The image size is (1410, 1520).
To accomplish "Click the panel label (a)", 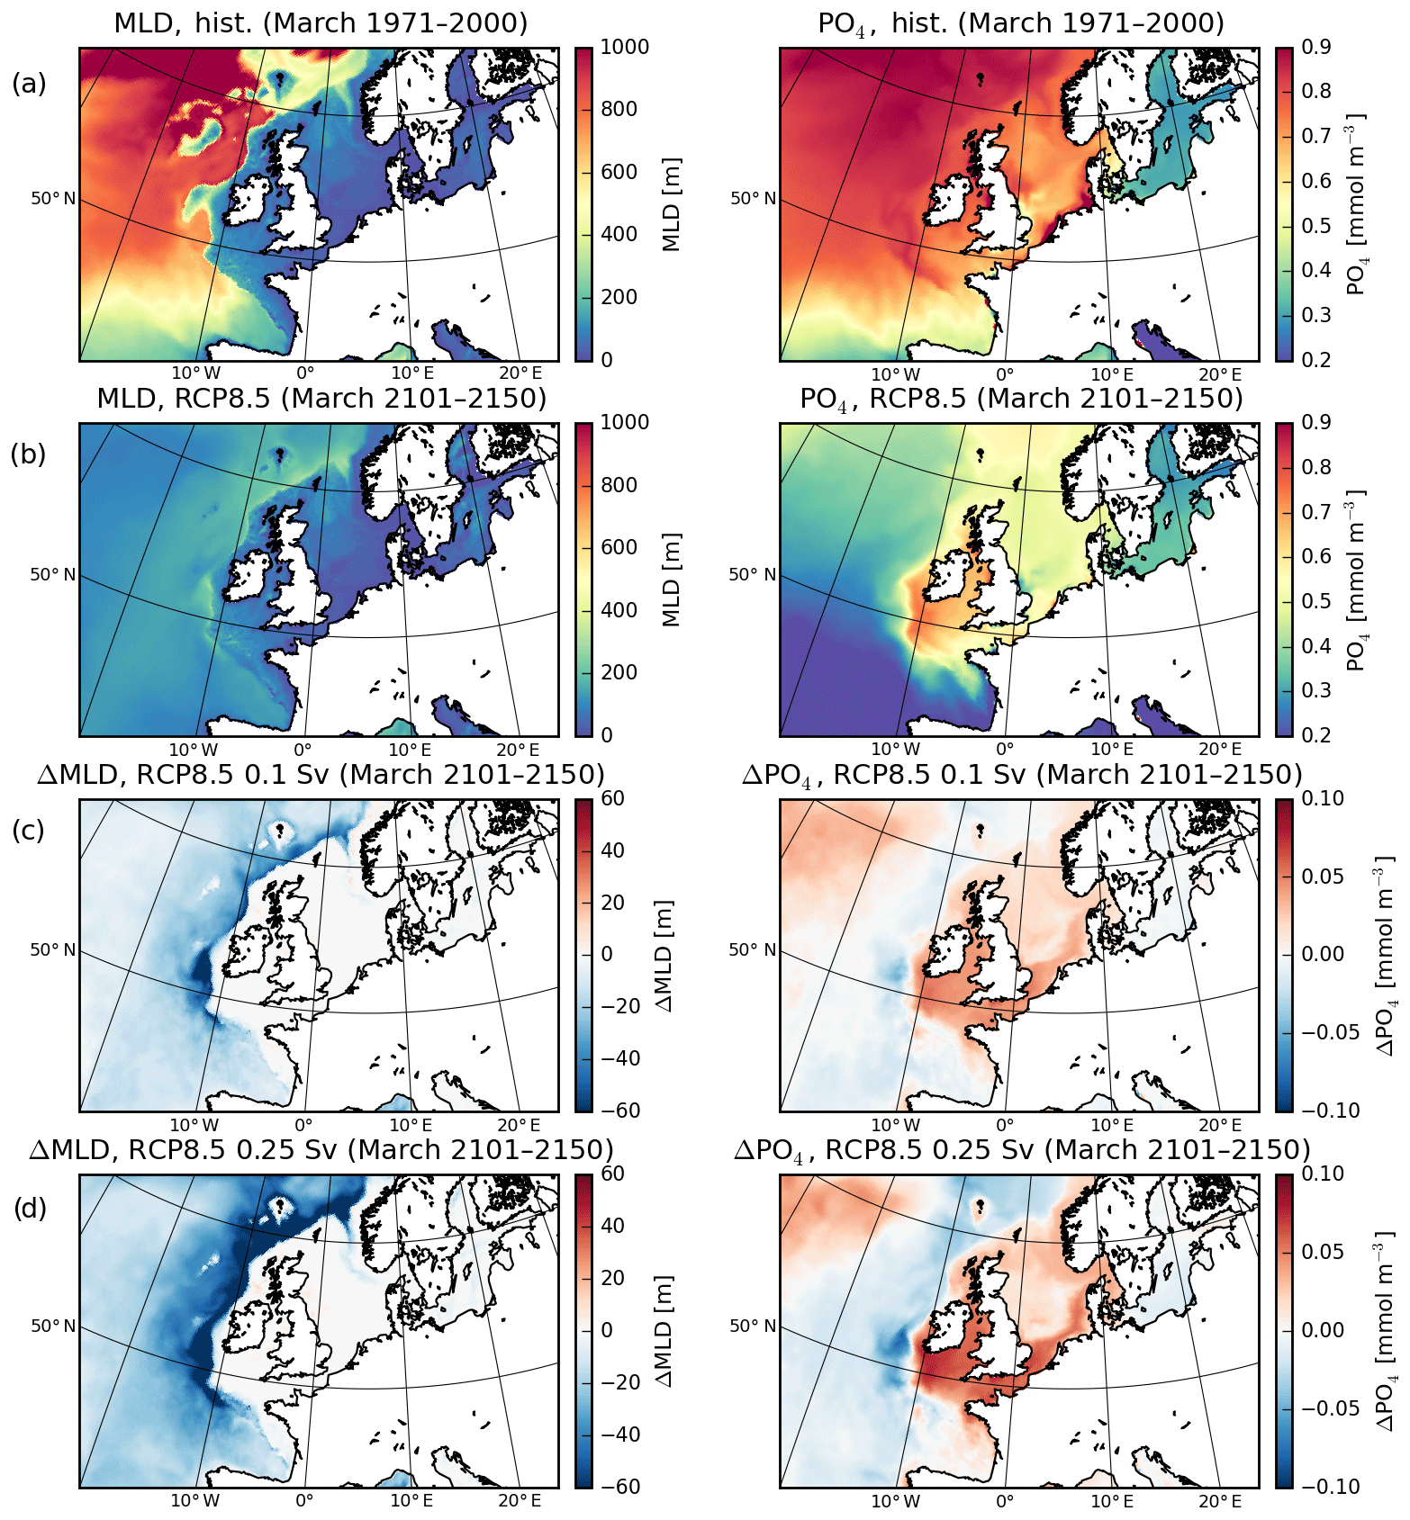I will click(x=29, y=84).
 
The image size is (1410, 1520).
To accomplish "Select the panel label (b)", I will click(x=29, y=454).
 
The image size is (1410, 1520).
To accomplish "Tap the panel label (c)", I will click(x=29, y=830).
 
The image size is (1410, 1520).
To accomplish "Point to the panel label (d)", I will click(x=29, y=1209).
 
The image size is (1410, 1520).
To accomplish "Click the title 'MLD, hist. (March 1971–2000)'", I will click(x=321, y=23).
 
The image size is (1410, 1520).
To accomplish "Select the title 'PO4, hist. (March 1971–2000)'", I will click(x=1020, y=23).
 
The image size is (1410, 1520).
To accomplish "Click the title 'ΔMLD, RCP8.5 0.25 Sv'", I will click(x=321, y=1150).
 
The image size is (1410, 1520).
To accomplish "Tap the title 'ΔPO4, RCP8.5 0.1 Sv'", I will click(x=1021, y=775).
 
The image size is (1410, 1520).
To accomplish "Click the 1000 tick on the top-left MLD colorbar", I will click(x=624, y=48).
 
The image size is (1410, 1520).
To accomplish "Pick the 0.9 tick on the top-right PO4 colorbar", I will click(x=1316, y=48).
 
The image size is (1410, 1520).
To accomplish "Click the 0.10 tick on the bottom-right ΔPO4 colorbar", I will click(x=1323, y=1174).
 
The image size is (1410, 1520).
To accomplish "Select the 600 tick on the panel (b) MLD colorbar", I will click(x=619, y=547).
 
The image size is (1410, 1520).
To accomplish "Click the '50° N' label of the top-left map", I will click(x=53, y=198).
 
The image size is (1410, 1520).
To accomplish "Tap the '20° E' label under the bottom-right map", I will click(x=1220, y=1500).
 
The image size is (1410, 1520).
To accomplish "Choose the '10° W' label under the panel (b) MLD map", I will click(x=194, y=750).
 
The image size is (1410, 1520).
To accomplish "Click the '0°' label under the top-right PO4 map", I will click(x=1005, y=374).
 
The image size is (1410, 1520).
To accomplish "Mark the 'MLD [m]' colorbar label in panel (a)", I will click(x=672, y=204).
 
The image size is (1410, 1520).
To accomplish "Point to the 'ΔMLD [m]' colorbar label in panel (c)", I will click(x=666, y=955).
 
